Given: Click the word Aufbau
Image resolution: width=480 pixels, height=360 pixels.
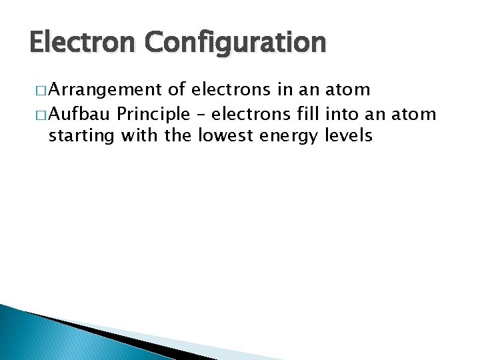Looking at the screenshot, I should (x=79, y=115).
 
